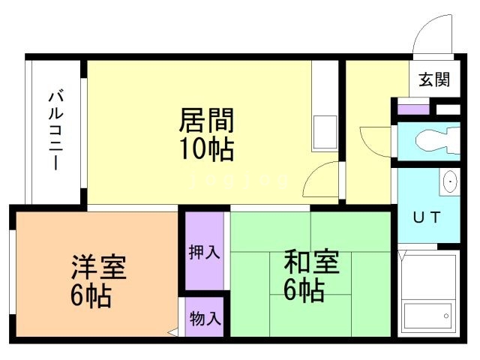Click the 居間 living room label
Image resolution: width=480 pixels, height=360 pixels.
pos(206,120)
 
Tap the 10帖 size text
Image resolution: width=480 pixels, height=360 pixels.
pos(206,148)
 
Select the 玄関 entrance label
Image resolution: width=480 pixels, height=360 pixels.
pos(434,79)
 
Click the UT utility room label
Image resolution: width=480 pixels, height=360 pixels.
pos(428,217)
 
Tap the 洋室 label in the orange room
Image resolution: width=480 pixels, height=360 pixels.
pos(98,268)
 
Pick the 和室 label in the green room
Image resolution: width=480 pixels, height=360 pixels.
pos(310,263)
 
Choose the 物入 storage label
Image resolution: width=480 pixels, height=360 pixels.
pos(204,318)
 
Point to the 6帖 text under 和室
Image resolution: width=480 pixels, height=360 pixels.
pos(303,289)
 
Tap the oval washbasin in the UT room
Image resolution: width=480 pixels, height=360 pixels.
pos(448,181)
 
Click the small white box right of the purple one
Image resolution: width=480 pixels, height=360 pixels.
pos(448,109)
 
